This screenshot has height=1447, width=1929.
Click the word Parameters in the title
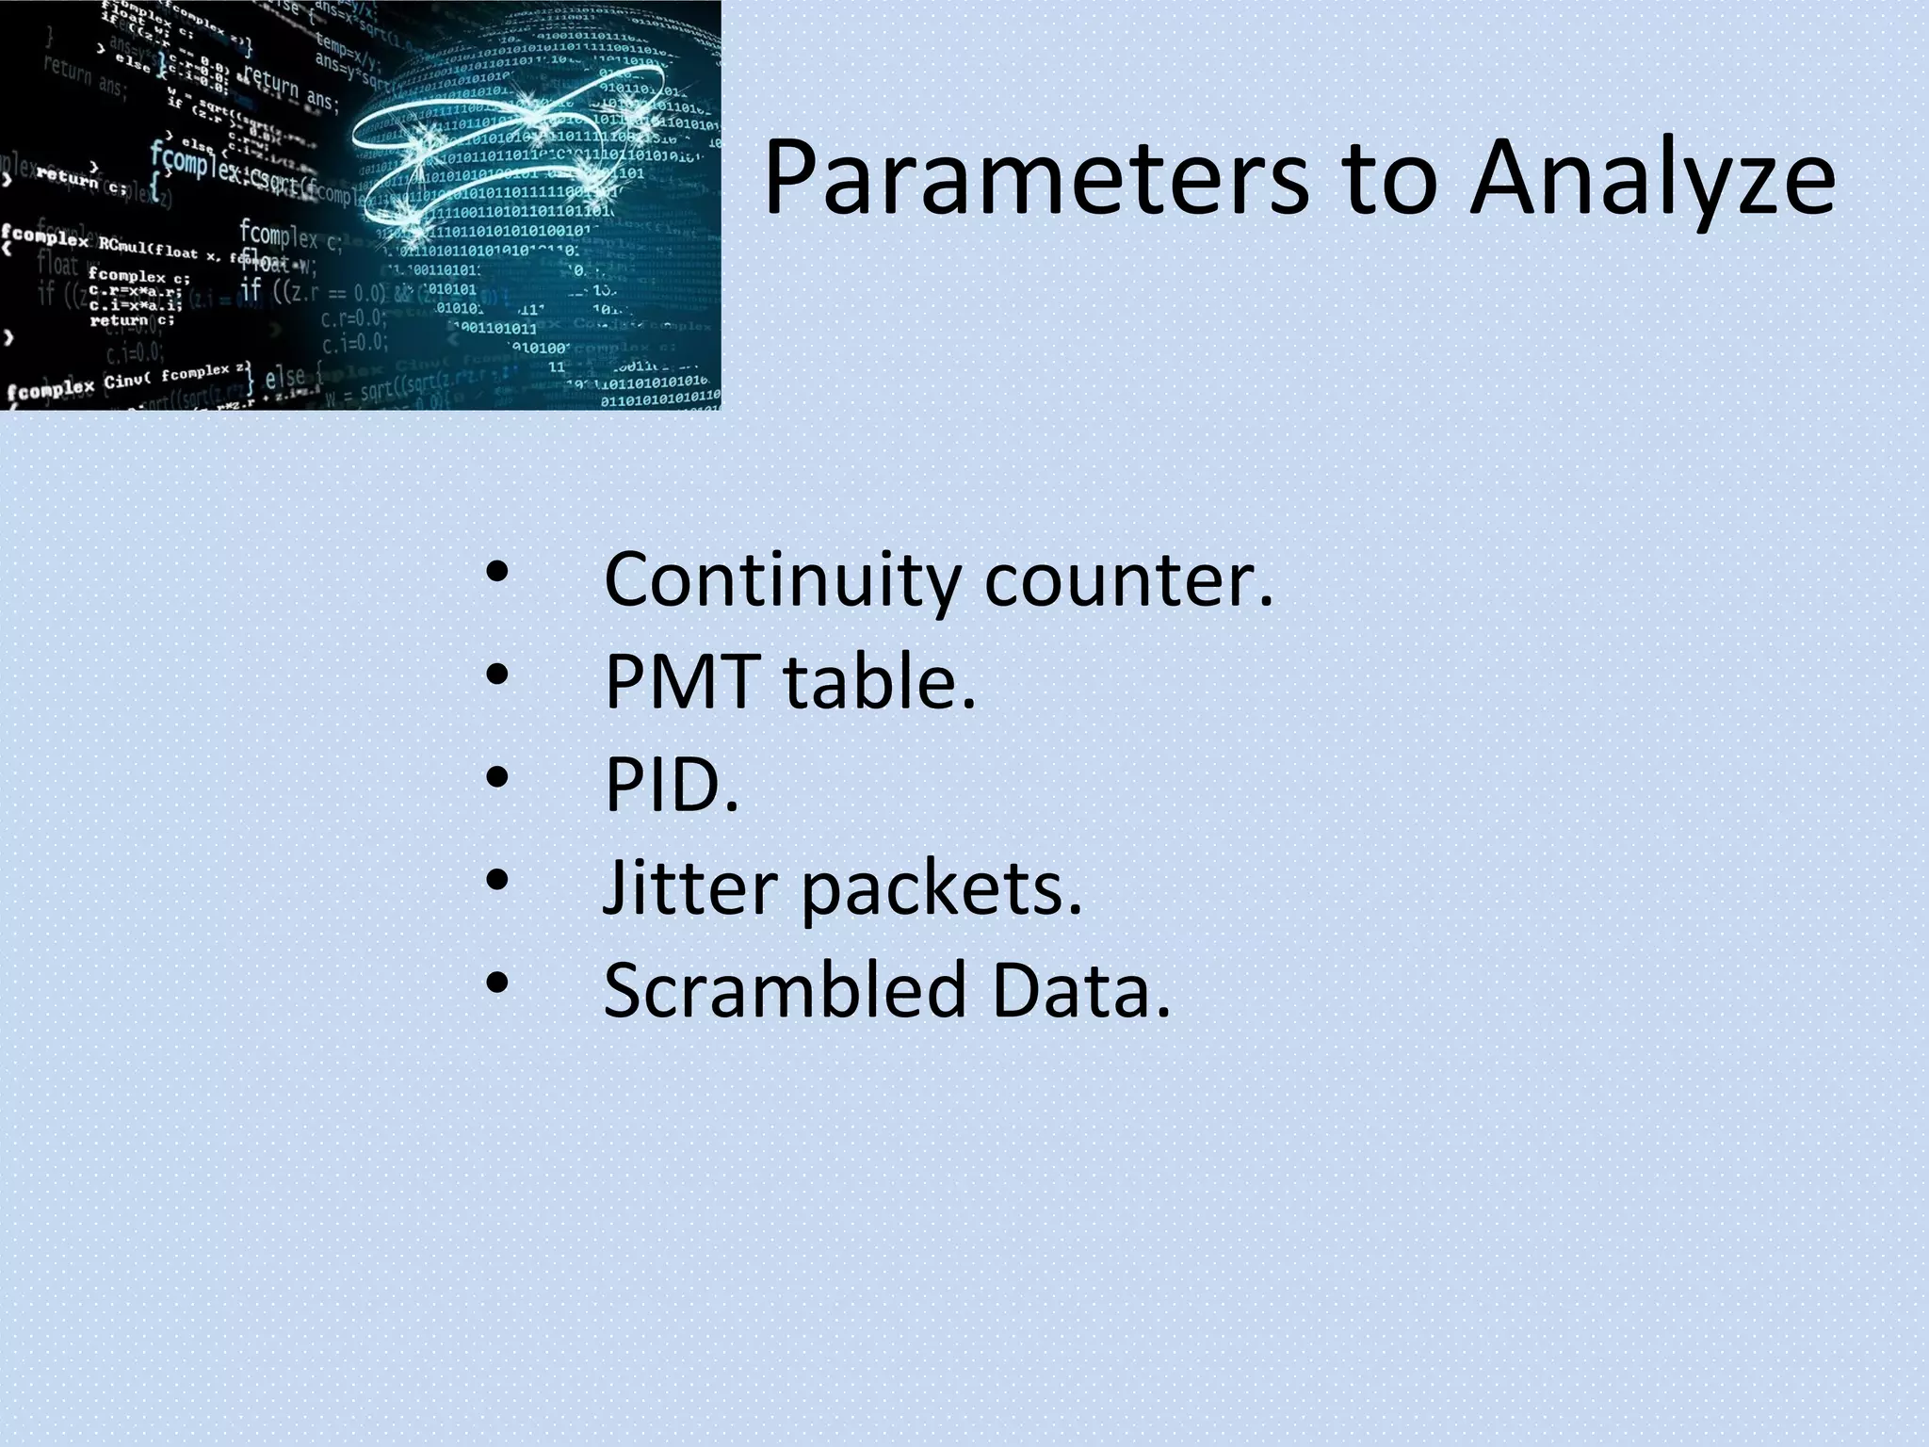(x=1035, y=179)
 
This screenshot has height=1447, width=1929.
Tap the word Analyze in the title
(x=1652, y=179)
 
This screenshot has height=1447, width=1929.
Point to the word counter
(x=1128, y=580)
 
